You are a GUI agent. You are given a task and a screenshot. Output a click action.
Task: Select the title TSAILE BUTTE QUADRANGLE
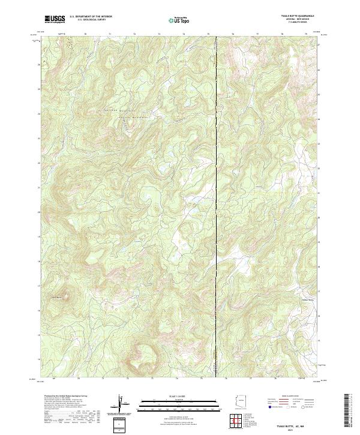tap(296, 16)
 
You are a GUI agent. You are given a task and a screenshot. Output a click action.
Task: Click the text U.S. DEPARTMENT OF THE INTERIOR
tap(91, 17)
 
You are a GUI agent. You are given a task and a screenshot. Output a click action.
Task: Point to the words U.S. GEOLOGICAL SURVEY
tap(91, 21)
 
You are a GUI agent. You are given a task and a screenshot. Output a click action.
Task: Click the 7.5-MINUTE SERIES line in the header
tap(296, 23)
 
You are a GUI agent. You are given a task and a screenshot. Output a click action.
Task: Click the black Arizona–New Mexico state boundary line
tap(216, 180)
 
